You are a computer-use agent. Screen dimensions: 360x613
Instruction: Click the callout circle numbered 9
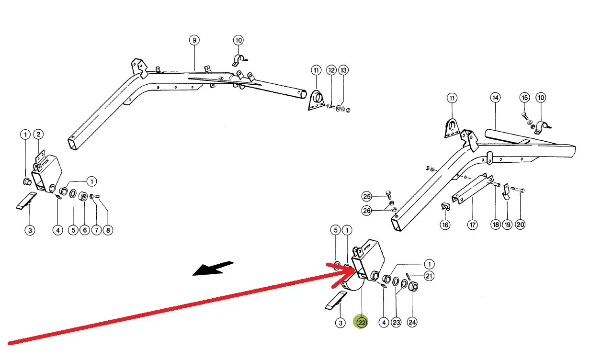[194, 40]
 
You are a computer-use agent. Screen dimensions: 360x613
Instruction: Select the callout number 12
[331, 70]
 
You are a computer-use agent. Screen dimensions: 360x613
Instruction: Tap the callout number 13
[343, 70]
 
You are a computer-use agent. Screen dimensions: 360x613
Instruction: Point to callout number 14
[495, 98]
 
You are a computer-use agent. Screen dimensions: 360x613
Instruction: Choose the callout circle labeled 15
[524, 98]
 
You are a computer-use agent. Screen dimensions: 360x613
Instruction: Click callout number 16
[445, 225]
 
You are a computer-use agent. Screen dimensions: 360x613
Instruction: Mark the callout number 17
[473, 225]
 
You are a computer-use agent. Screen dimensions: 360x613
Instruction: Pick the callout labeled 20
[520, 225]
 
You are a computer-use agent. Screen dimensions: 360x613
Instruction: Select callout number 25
[367, 196]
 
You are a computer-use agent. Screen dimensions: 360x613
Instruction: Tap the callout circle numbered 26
[367, 211]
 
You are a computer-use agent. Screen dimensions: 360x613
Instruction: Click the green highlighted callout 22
[362, 322]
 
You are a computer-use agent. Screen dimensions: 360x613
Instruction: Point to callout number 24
[412, 322]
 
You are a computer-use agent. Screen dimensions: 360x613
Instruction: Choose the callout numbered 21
[429, 276]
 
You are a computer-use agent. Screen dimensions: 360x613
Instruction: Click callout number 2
[38, 135]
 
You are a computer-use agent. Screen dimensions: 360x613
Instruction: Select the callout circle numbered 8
[108, 230]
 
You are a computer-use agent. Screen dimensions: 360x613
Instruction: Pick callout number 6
[84, 230]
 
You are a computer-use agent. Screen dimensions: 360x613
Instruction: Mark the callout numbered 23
[396, 322]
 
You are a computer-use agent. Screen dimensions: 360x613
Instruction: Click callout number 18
[495, 225]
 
